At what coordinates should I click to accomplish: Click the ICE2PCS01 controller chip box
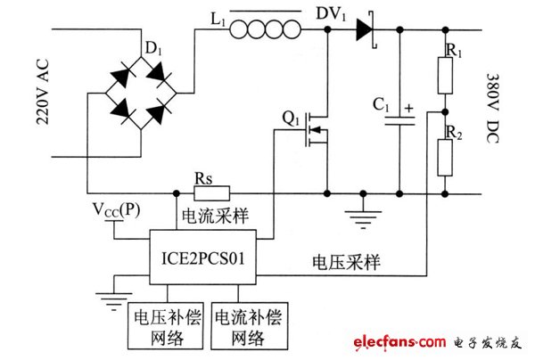click(x=202, y=258)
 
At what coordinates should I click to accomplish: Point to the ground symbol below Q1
click(x=362, y=216)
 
